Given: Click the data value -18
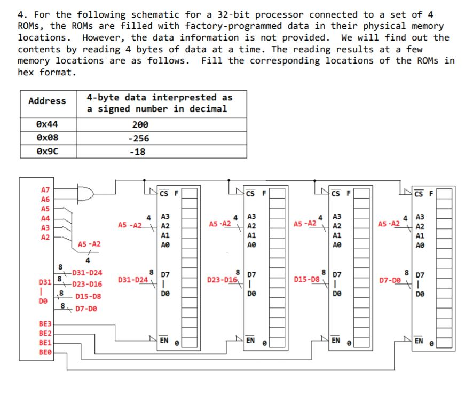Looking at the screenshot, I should pos(140,152).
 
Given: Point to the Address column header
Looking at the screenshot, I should pos(48,101).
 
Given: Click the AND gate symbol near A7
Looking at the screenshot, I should pos(84,194).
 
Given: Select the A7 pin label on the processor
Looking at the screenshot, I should pos(45,189).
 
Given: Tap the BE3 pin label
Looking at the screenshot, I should pos(45,324).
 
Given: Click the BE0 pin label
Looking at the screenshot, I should pos(45,352).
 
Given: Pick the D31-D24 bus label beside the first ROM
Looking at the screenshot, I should pos(133,280).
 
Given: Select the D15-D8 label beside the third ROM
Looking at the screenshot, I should pos(306,279).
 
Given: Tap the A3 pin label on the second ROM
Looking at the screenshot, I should pos(250,217).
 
